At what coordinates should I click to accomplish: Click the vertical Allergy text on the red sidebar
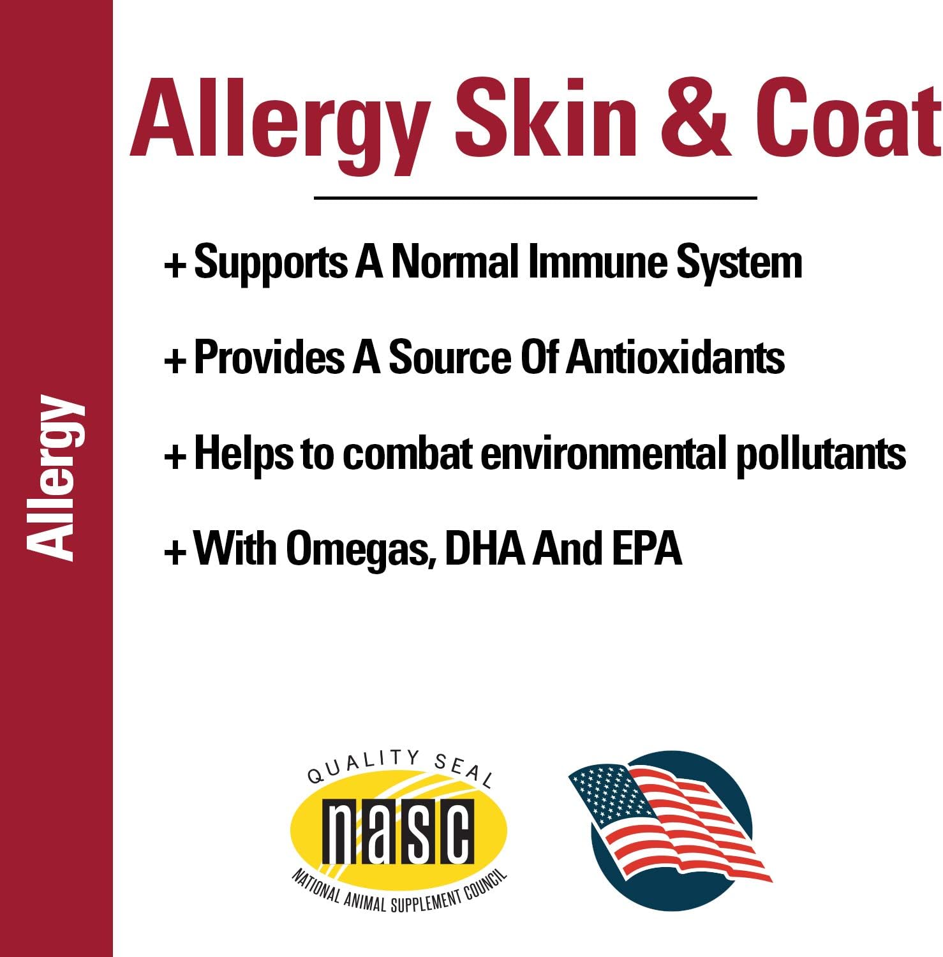(x=56, y=478)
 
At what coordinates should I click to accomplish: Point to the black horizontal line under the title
(x=535, y=198)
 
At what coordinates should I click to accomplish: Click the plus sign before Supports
(x=175, y=265)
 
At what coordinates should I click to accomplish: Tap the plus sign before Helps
(x=175, y=456)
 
